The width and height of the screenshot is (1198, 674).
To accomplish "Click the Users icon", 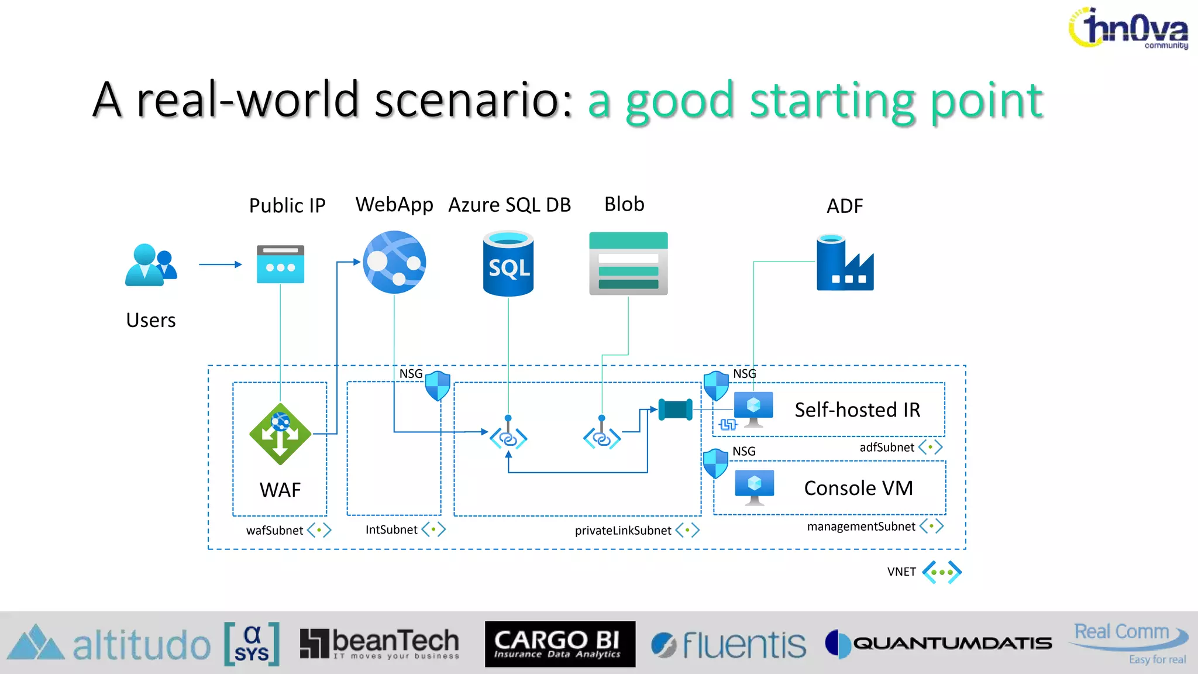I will [x=150, y=265].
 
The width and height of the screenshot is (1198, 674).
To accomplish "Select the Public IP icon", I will [x=280, y=264].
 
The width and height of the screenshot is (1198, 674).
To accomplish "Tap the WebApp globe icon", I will [x=394, y=262].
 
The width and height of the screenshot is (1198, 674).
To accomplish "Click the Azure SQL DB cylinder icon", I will [x=508, y=264].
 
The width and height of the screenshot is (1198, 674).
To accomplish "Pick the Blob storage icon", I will [x=628, y=264].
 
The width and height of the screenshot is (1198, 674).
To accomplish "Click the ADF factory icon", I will [x=845, y=263].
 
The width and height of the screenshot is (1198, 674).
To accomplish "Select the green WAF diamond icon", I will [x=280, y=434].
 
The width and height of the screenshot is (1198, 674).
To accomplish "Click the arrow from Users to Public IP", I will [x=220, y=264].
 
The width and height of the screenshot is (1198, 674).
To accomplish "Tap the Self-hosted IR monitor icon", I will [x=753, y=408].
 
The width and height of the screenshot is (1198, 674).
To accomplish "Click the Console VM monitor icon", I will [x=754, y=486].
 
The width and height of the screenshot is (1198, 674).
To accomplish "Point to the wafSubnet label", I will [x=274, y=531].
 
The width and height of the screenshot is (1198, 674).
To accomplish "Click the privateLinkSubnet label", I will [x=623, y=531].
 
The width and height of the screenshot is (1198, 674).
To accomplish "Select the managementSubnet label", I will [x=861, y=527].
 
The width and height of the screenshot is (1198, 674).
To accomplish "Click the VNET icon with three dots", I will [x=942, y=572].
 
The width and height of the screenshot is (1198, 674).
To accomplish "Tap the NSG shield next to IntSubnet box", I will [x=438, y=386].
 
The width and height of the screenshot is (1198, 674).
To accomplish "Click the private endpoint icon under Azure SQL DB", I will [x=508, y=436].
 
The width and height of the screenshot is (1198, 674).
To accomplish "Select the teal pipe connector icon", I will [x=675, y=410].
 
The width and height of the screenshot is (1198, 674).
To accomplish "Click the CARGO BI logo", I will [x=560, y=644].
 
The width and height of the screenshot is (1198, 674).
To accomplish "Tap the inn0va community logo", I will [x=1129, y=29].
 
